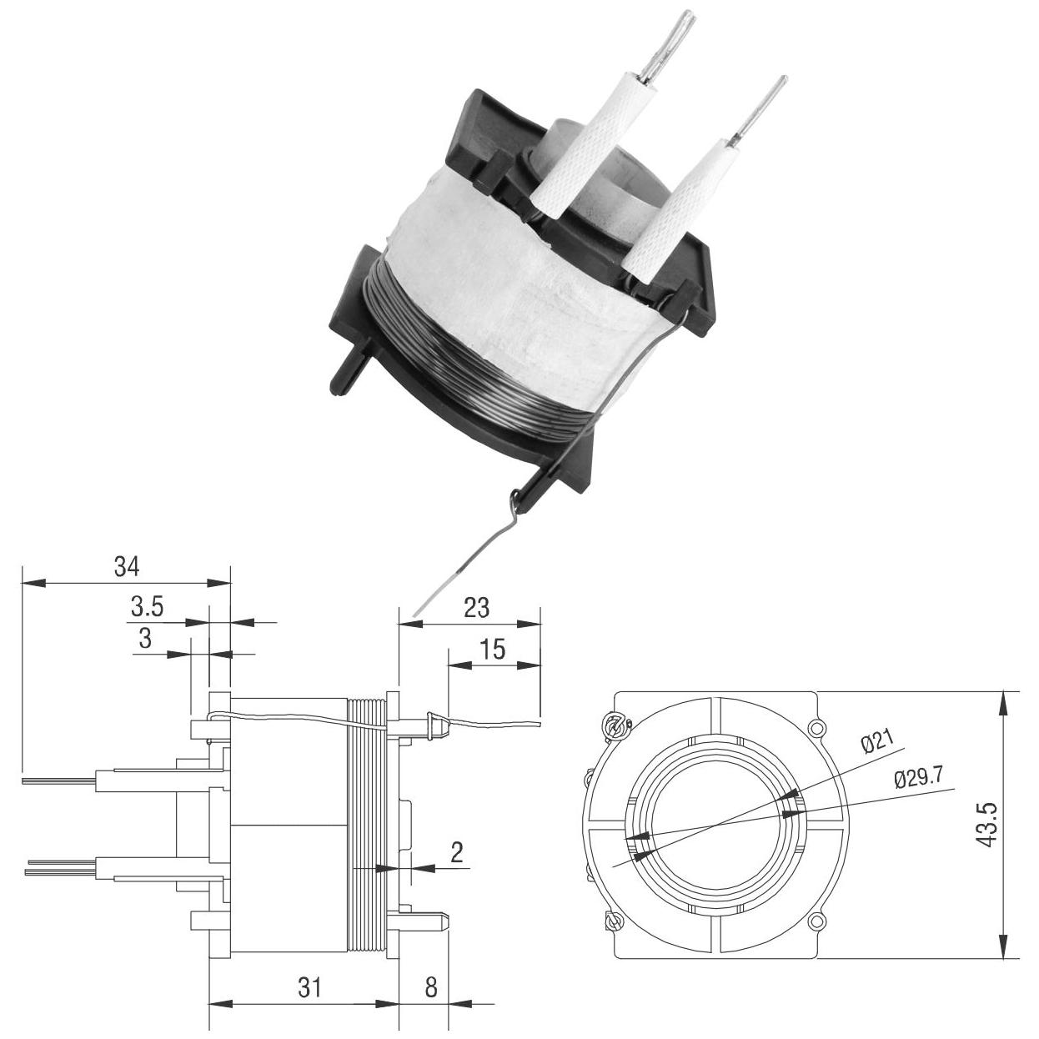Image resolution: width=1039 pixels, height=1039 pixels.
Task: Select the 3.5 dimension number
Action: tap(148, 607)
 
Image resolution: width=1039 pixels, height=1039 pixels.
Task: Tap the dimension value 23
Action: tap(477, 608)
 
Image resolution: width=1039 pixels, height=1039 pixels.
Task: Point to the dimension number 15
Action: tap(492, 650)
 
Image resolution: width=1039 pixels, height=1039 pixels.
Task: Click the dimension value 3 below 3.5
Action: tap(145, 639)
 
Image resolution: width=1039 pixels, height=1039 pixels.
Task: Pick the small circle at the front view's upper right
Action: tap(817, 728)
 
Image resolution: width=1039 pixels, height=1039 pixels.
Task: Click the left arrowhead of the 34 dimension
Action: tap(33, 583)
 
